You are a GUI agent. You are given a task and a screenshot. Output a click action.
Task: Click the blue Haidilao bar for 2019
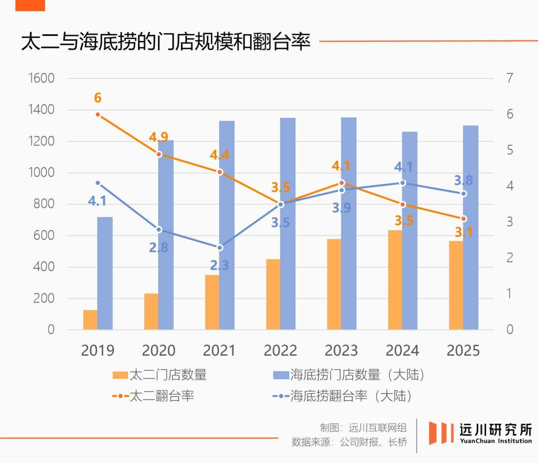[x=105, y=273]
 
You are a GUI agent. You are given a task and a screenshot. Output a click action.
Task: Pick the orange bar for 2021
[x=212, y=302]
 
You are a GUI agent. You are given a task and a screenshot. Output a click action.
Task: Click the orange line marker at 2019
[x=98, y=114]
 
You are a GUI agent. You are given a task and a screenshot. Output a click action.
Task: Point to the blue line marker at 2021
[x=220, y=247]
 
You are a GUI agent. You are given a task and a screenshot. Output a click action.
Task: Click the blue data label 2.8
[x=158, y=247]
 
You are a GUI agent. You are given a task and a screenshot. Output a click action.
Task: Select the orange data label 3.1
[x=463, y=232]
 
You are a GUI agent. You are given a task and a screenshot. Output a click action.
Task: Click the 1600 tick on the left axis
[x=41, y=78]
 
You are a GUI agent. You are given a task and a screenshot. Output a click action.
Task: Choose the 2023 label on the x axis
[x=341, y=350]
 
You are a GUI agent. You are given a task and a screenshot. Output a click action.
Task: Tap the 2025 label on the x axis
[x=463, y=350]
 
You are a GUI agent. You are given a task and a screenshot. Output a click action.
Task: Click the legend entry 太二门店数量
[x=168, y=375]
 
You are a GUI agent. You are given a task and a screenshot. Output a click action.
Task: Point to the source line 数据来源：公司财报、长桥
[x=349, y=442]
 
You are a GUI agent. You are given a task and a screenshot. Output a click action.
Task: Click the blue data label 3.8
[x=463, y=180]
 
